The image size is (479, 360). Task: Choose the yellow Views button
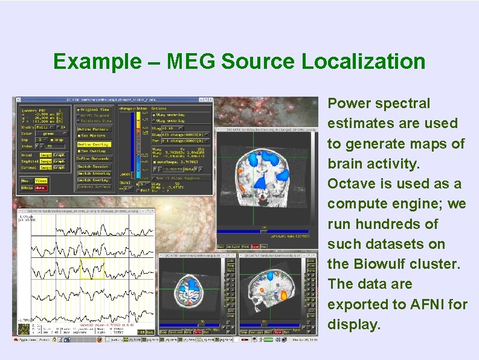(41, 180)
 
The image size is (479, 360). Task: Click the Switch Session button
(93, 166)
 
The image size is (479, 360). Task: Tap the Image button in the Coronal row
(45, 167)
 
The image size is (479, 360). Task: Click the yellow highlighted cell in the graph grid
(92, 266)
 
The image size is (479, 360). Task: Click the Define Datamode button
(93, 158)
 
